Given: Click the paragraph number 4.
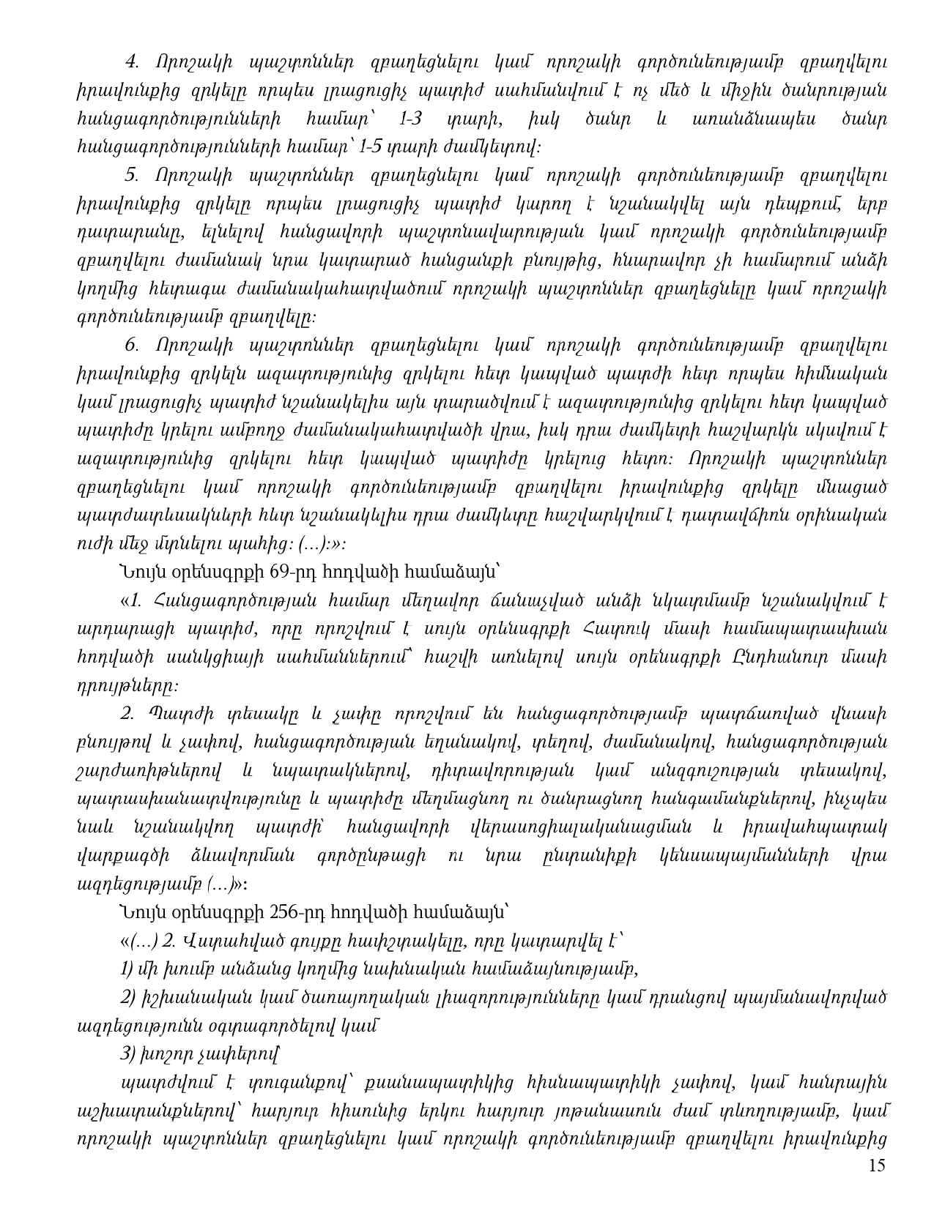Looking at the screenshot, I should (x=133, y=62).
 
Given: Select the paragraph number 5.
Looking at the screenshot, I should (x=132, y=175).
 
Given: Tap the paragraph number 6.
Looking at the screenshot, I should (x=132, y=344).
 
